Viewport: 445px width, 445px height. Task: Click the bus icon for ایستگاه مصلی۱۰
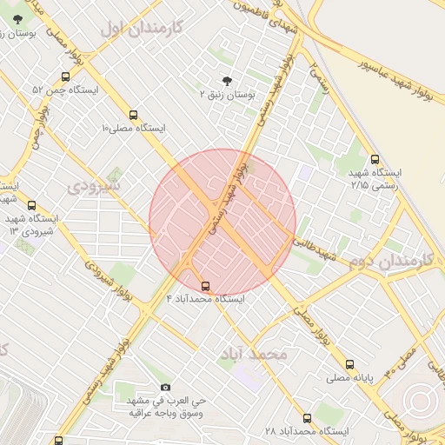coord(133,115)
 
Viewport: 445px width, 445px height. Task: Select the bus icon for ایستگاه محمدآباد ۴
coord(205,286)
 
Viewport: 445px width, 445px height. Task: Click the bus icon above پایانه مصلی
coord(349,365)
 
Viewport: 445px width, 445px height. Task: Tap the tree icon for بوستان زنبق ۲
coord(228,79)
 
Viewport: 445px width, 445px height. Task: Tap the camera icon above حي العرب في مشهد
coord(166,388)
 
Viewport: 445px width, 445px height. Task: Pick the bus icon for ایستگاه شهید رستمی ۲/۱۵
coord(375,160)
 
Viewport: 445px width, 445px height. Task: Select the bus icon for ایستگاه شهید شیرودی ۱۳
coord(32,206)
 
